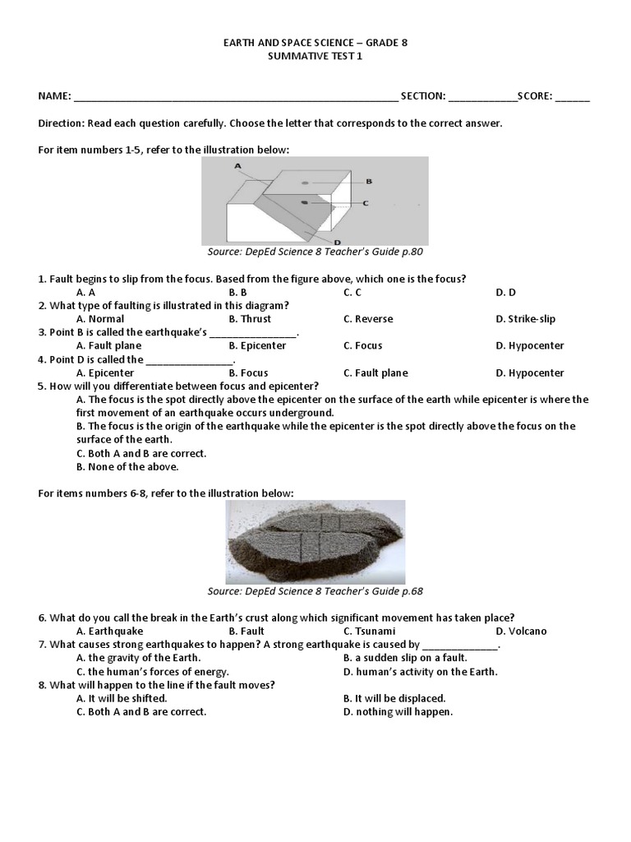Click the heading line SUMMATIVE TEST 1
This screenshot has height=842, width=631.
315,56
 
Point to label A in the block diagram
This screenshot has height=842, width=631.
237,165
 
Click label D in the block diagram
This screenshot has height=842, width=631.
338,242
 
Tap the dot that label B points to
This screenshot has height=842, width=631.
305,182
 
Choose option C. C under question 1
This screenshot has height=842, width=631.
352,292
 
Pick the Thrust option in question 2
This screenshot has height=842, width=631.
250,319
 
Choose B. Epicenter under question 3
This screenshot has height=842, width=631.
257,345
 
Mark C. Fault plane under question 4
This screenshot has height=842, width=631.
375,372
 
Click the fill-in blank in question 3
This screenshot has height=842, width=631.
253,333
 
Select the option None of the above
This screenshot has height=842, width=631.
127,466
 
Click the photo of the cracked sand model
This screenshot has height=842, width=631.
315,540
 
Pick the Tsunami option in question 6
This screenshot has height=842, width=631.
369,631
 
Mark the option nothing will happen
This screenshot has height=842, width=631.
398,711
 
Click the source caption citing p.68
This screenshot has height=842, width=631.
315,591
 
